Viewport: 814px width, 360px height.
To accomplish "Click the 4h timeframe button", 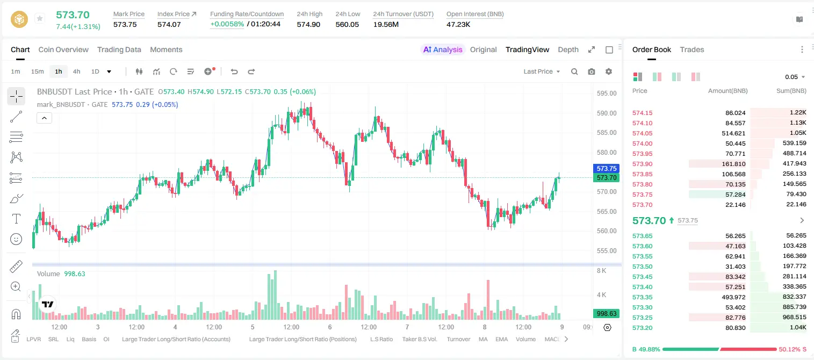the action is point(76,71).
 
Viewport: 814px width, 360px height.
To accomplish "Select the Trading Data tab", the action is point(119,49).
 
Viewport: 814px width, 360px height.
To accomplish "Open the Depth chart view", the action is point(568,49).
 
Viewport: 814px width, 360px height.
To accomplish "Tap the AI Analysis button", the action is point(443,49).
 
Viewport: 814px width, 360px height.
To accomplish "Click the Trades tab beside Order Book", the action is point(692,49).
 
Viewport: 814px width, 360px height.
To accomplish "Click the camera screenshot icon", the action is point(592,71).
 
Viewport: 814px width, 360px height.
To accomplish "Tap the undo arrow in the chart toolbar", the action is point(234,71).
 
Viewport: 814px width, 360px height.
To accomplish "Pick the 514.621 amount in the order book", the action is point(733,133).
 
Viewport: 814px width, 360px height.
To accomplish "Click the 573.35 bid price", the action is point(642,297).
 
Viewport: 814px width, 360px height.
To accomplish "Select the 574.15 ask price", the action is point(642,113).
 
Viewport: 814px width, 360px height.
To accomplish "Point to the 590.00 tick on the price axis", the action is point(607,113).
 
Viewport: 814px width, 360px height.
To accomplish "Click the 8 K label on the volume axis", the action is point(601,271).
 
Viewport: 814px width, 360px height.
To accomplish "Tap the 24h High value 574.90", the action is point(308,24).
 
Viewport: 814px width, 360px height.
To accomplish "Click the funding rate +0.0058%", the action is point(227,24).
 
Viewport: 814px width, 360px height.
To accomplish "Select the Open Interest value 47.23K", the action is point(458,24).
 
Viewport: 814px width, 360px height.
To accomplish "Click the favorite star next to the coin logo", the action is point(40,18).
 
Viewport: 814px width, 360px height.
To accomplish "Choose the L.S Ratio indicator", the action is point(381,339).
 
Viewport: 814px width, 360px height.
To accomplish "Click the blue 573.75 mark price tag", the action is point(607,169).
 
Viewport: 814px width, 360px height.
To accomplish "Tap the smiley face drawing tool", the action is point(16,239).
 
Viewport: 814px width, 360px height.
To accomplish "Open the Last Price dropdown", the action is point(542,71).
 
